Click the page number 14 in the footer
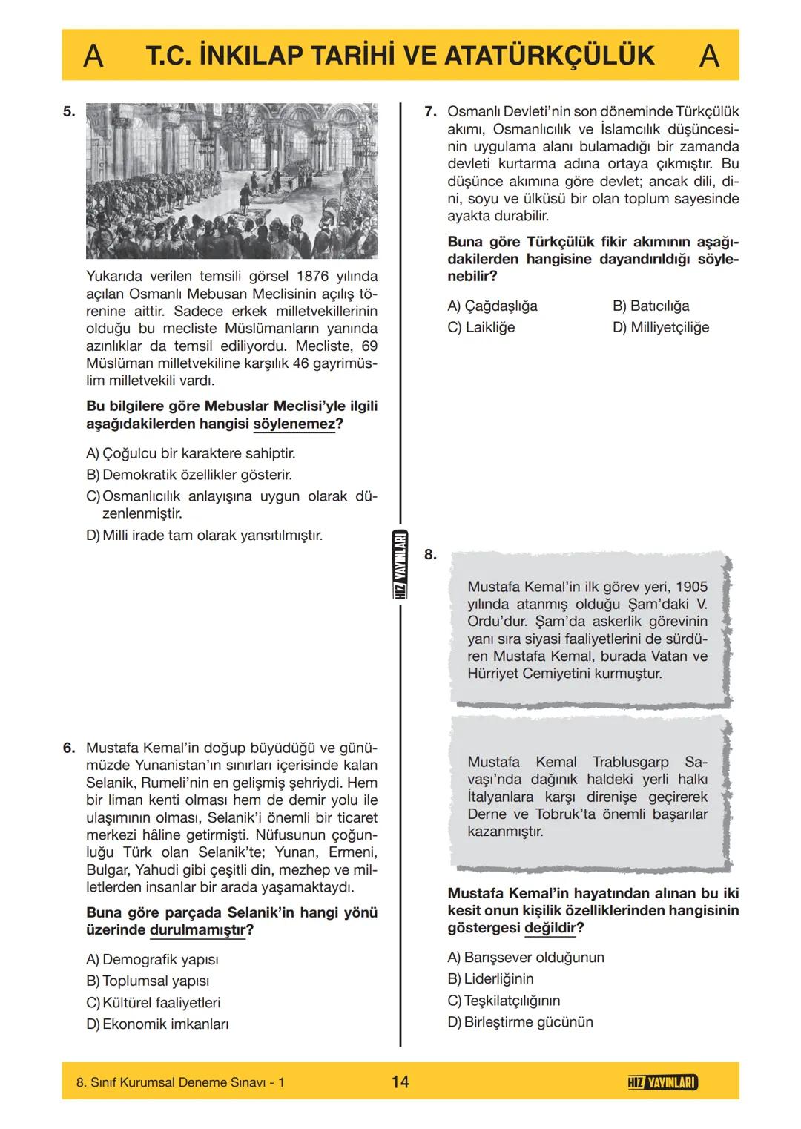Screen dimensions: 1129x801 tap(400, 1082)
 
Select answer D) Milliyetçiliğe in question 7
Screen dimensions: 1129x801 tap(660, 327)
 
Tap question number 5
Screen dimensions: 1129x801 tap(69, 112)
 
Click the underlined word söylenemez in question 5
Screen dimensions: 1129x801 tap(294, 424)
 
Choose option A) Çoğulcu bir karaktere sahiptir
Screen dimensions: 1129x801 tap(191, 453)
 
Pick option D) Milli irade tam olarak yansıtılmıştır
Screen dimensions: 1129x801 tap(204, 535)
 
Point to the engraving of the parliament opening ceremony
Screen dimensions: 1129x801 tap(231, 180)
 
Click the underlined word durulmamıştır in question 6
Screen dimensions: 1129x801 tap(197, 930)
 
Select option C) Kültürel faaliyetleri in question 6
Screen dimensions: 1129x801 tap(153, 1003)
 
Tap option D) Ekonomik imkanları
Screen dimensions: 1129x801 tap(156, 1024)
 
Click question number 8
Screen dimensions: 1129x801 tap(430, 554)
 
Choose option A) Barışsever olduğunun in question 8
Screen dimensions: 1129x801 tap(525, 958)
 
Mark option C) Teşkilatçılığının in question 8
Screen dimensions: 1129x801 tap(504, 1001)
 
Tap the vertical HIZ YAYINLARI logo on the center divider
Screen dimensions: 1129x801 tap(400, 566)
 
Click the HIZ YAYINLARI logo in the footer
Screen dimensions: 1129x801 tap(662, 1082)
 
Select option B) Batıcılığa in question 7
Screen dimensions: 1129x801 tap(650, 306)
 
